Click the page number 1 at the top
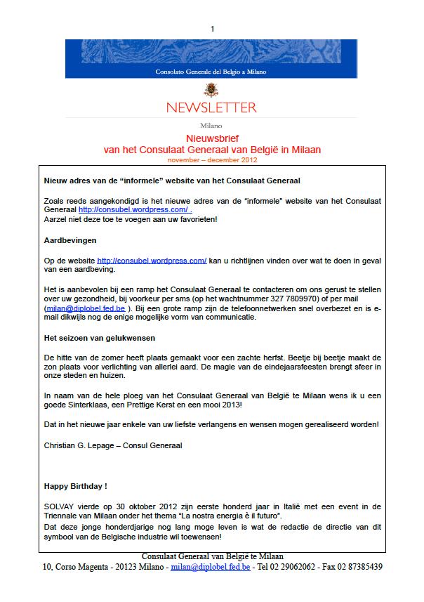212,29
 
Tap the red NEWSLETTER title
211,107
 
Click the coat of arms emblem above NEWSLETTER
211,89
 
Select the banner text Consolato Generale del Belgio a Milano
211,71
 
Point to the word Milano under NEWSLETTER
211,126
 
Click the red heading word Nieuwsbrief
212,139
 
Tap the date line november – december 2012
212,160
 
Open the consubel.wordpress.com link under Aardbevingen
152,261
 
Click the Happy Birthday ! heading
75,485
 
